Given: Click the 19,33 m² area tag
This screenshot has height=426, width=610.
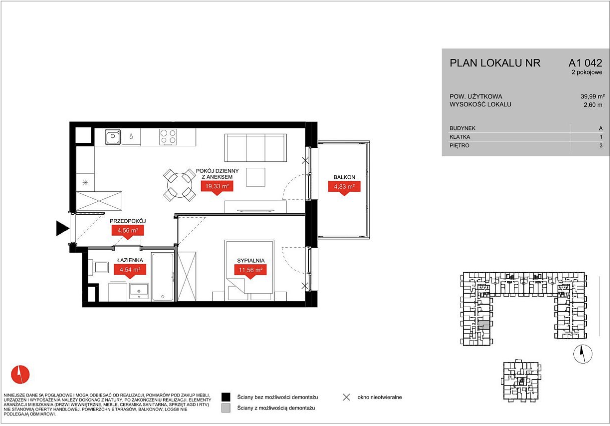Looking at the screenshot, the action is pos(217,186).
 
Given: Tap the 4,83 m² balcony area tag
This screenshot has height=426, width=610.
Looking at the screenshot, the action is pos(344,187).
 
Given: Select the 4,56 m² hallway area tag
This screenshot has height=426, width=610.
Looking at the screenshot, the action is pos(128,231).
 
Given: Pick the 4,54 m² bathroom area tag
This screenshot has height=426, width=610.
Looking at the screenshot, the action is pos(130,270).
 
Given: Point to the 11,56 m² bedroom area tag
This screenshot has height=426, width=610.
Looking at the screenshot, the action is pos(250,270).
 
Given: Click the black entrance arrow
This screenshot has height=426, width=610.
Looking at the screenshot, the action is pos(62,228).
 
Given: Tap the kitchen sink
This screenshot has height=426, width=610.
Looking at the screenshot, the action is pos(113,137).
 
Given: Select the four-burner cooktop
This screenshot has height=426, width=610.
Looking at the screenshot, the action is pos(168,137).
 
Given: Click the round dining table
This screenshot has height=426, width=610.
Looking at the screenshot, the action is pos(179,185).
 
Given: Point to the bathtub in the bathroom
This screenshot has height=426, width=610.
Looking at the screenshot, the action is pos(163,277).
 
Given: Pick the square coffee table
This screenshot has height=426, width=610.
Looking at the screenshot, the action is pos(256,177).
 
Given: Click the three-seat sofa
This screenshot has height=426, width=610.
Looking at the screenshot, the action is pos(256,148).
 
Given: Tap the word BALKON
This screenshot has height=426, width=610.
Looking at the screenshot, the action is pos(344,177).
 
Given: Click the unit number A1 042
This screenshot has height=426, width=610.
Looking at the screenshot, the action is pos(585,63).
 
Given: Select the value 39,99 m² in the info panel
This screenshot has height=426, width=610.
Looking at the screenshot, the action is pos(592,96).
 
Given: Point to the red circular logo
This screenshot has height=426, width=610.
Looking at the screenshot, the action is pos(20,374).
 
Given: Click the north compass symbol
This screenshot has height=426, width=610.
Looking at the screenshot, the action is pos(583,354).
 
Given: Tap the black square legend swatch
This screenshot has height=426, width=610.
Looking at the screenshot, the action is pos(226,397).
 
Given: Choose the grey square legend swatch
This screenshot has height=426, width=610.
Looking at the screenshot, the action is pos(226,408).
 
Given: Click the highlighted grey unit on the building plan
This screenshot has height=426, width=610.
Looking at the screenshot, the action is pos(484,325).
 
